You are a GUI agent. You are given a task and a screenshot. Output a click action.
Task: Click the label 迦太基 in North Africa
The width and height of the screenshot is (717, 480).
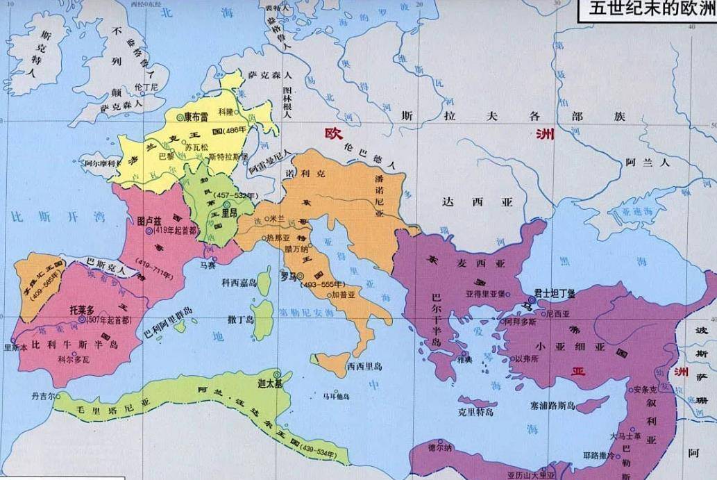(270, 383)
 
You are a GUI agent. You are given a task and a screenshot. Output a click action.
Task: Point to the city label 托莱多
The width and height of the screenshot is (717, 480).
(83, 310)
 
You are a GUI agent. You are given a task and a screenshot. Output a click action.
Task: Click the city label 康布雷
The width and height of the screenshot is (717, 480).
(198, 117)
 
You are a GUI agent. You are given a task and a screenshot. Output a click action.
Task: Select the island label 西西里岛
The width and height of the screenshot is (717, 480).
(364, 365)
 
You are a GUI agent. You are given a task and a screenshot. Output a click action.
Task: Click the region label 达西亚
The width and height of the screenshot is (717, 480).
(478, 202)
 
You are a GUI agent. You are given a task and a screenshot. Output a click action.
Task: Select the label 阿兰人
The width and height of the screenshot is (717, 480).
(646, 163)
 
